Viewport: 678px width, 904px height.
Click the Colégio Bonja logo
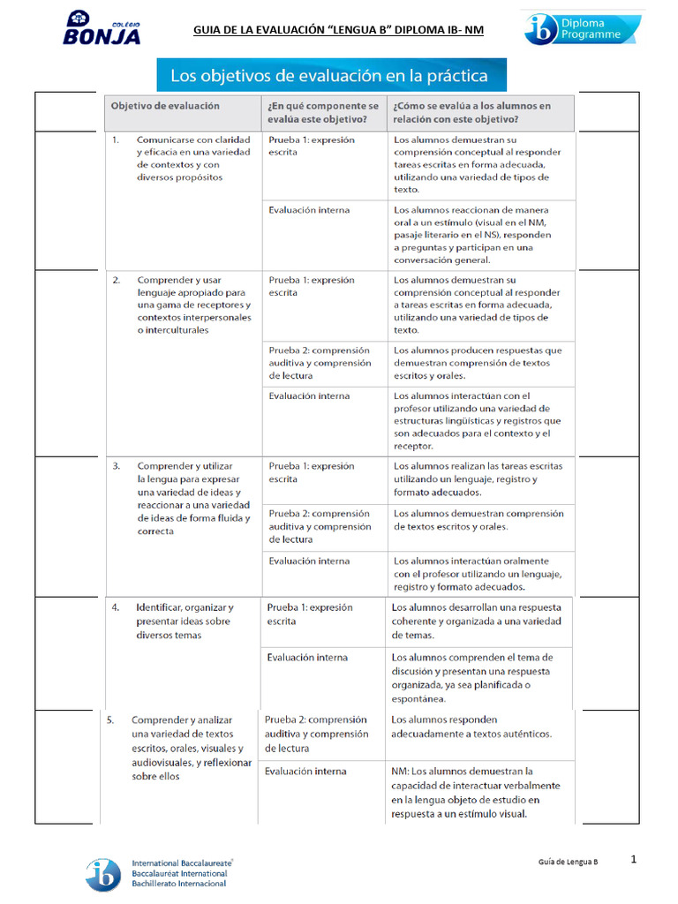tap(101, 29)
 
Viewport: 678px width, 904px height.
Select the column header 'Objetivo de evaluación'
tap(165, 105)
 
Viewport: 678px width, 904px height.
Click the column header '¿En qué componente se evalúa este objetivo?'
tap(323, 112)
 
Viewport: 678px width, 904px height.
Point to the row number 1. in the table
tap(116, 139)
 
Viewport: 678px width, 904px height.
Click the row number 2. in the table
tap(116, 280)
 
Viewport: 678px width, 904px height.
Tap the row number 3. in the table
tap(116, 465)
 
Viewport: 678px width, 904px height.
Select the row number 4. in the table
tap(116, 607)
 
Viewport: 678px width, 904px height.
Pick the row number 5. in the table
tap(110, 719)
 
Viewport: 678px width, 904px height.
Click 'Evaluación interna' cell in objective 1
tap(309, 210)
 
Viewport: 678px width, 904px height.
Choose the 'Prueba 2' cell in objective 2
tap(320, 363)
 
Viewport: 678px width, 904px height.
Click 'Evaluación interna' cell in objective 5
tap(305, 772)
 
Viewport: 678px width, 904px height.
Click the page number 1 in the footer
tap(634, 858)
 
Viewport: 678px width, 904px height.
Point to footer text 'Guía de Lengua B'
tap(569, 861)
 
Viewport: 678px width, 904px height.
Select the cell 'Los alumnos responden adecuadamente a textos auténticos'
tap(471, 727)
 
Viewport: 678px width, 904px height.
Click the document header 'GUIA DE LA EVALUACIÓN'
tap(338, 32)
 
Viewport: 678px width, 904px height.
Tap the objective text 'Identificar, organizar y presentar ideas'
tap(184, 621)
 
